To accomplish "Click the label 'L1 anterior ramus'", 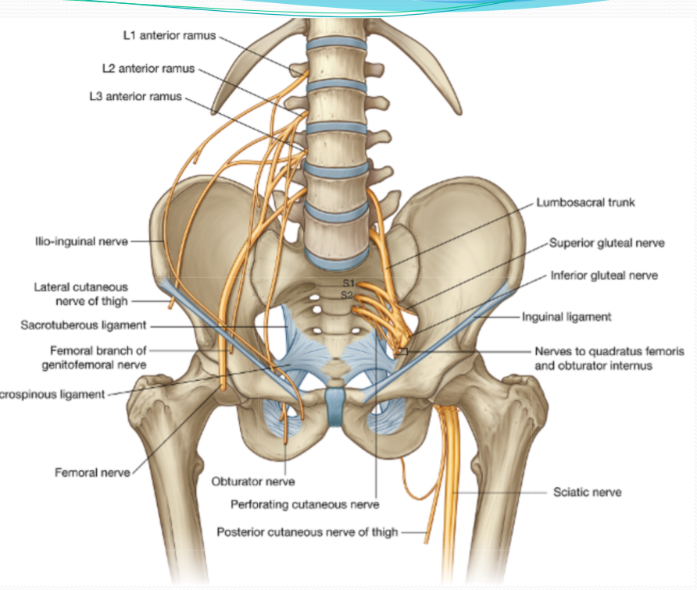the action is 168,36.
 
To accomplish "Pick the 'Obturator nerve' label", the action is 253,482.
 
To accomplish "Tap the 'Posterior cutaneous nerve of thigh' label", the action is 307,532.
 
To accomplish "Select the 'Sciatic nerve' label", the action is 588,492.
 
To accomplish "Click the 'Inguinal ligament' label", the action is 567,318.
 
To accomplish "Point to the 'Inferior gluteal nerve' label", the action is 604,275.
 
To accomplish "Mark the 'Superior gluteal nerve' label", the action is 607,243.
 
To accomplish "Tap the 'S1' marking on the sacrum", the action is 349,283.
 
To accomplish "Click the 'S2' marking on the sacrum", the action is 348,294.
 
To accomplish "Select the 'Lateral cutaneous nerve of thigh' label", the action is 80,294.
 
